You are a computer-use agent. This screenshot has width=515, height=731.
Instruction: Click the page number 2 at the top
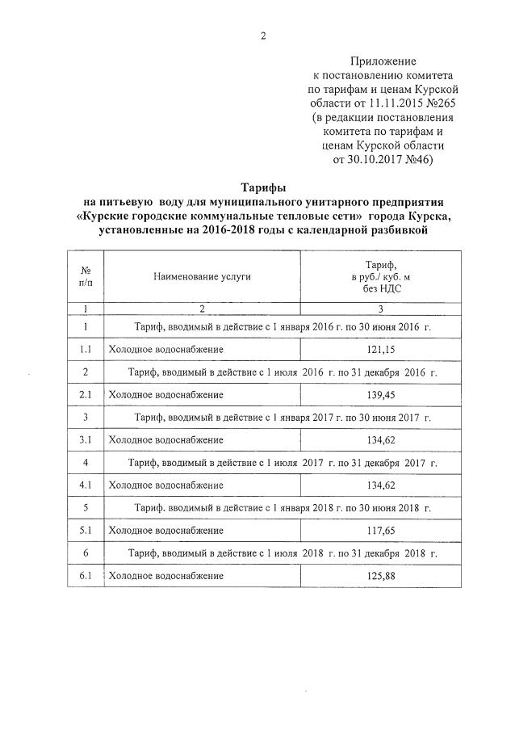(x=262, y=35)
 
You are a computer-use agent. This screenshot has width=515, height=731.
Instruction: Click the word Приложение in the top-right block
(x=383, y=61)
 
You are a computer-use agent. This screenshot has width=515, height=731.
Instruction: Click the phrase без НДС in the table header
(x=380, y=288)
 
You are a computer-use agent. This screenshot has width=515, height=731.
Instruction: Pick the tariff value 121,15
(x=380, y=349)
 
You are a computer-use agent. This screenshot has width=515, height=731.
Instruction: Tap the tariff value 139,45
(x=380, y=394)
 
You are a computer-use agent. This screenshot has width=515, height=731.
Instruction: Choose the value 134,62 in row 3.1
(x=380, y=440)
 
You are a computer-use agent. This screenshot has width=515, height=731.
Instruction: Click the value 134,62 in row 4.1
(x=380, y=485)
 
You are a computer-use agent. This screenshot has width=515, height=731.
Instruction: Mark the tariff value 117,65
(x=380, y=531)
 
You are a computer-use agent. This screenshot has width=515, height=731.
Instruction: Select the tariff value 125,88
(x=380, y=576)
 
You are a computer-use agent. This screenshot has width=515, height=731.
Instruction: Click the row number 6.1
(x=86, y=576)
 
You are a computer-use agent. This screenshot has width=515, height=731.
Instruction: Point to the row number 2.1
(x=86, y=394)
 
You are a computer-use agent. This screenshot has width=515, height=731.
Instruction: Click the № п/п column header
(x=86, y=276)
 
